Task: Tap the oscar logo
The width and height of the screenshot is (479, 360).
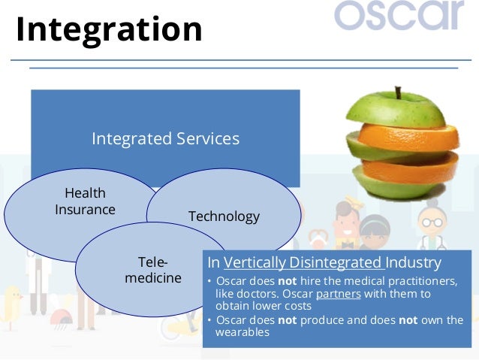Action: (399, 15)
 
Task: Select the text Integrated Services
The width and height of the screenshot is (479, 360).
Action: (166, 138)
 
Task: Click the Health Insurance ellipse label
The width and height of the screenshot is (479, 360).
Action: (86, 201)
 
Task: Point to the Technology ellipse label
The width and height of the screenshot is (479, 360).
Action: (224, 217)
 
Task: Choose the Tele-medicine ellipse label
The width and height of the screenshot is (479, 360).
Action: (153, 270)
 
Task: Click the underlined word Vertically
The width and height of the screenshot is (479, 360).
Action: (255, 263)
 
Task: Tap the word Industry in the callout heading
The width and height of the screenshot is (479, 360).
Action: (414, 263)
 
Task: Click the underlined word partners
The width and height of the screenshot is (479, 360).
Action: (339, 294)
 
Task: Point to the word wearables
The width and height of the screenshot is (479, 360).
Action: (243, 332)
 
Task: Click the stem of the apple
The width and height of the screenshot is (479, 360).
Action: (398, 92)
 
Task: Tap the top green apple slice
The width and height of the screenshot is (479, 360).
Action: (396, 110)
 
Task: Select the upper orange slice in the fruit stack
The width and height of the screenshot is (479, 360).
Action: (408, 138)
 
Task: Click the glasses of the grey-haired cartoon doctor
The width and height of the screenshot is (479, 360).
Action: (432, 222)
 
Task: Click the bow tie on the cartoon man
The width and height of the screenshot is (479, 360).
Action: (348, 245)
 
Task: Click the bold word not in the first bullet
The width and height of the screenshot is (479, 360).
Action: (287, 281)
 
